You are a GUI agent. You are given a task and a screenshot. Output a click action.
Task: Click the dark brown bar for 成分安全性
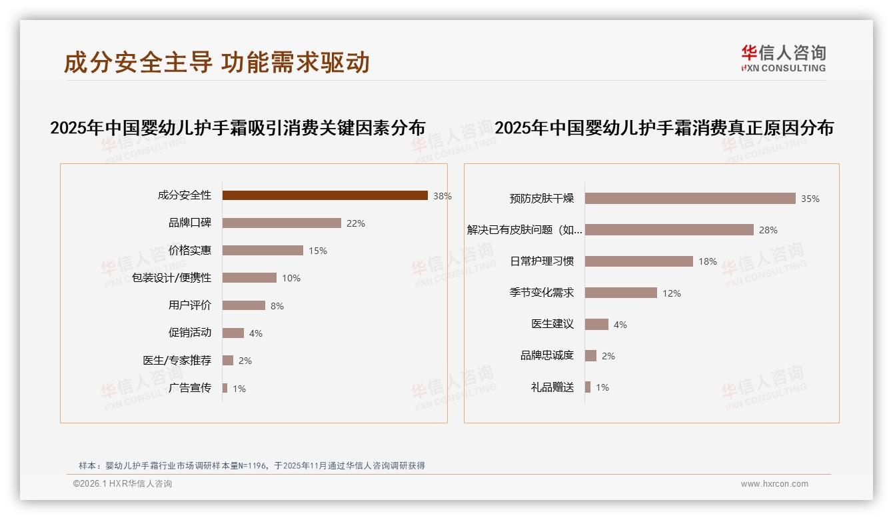[325, 195]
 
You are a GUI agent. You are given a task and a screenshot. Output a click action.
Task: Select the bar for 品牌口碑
[281, 223]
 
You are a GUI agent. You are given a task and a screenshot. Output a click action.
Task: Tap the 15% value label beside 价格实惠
[318, 251]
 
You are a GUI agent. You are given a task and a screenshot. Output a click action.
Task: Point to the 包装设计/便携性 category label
[171, 278]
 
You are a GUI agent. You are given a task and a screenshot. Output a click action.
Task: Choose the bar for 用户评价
[243, 305]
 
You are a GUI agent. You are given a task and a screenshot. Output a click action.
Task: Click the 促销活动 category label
[189, 333]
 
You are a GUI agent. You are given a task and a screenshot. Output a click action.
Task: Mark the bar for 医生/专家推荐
[228, 361]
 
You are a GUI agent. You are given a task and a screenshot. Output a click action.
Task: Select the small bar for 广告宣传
[225, 388]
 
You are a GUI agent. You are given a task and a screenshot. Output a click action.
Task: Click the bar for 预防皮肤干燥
[690, 199]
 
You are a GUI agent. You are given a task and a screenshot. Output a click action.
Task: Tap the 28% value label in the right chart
[768, 230]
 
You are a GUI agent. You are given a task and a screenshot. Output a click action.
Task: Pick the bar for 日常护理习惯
[638, 261]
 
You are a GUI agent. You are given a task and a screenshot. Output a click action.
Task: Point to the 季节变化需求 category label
[541, 293]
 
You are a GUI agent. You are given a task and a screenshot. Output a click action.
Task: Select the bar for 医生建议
[596, 324]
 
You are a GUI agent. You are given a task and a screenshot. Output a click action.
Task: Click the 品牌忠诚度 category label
[546, 355]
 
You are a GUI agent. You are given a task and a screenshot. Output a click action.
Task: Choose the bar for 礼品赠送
[588, 387]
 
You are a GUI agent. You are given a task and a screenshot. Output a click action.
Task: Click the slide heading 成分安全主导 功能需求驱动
[217, 63]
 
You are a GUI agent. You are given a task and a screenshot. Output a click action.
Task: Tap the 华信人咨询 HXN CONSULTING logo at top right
[783, 58]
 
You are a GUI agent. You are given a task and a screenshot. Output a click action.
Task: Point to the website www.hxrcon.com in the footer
[774, 484]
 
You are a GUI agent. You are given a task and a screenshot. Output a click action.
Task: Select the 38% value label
[443, 196]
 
